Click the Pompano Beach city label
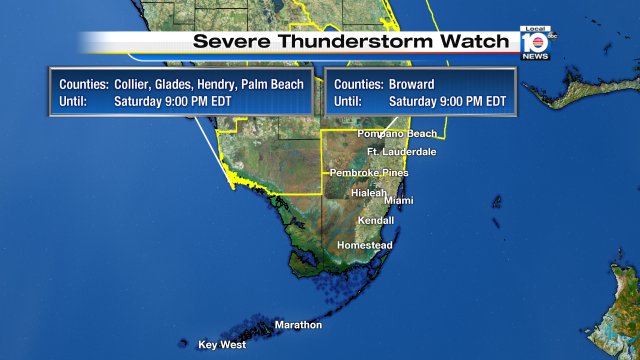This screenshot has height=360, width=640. (x=398, y=133)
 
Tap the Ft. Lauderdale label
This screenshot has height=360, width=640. (x=402, y=152)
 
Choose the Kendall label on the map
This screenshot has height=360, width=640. (x=376, y=220)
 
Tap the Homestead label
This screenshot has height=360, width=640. (x=365, y=245)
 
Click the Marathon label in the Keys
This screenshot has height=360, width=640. (x=298, y=325)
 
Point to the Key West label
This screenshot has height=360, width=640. (x=222, y=344)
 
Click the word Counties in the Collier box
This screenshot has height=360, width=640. (x=83, y=85)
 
